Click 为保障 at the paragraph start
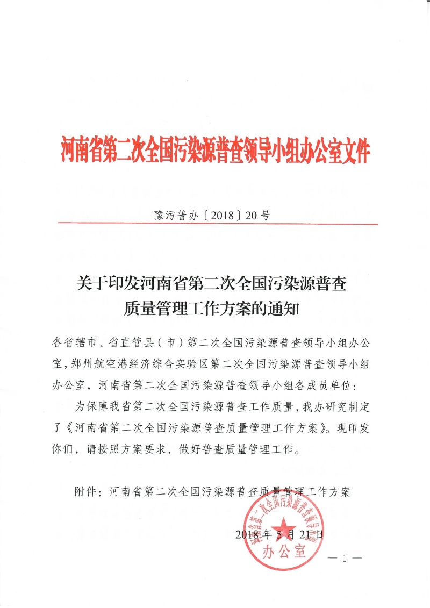(90, 407)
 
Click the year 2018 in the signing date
(247, 534)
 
